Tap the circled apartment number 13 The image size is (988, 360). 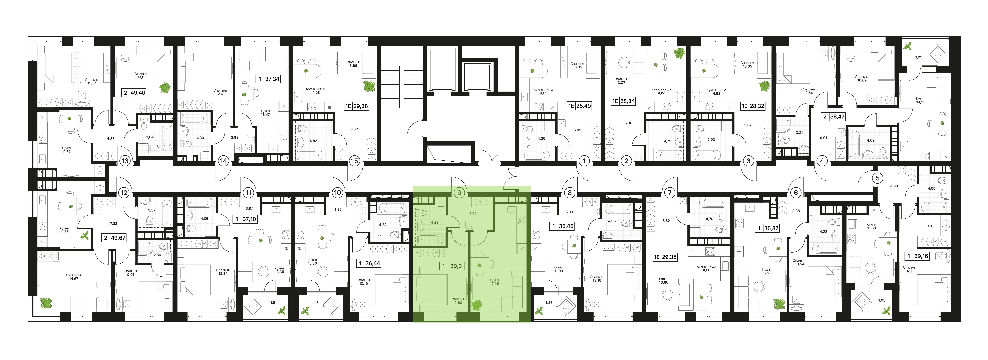click(x=125, y=161)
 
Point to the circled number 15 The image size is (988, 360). click(x=354, y=161)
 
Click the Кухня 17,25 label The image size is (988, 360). click(x=494, y=282)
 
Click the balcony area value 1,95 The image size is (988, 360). click(x=882, y=300)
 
